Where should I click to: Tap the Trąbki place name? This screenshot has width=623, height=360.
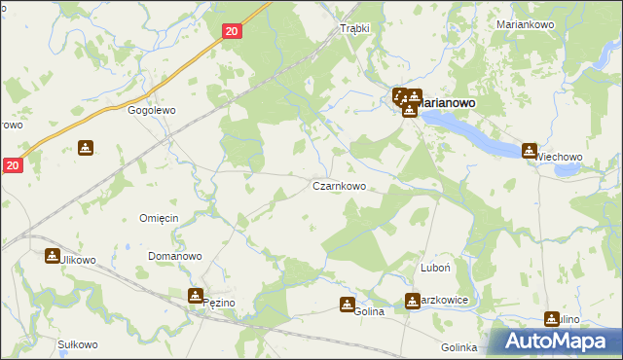click(x=355, y=28)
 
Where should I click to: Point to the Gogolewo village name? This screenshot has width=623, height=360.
click(x=152, y=111)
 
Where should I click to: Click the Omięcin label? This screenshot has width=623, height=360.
click(x=159, y=218)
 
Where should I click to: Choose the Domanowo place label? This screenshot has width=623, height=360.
click(x=174, y=256)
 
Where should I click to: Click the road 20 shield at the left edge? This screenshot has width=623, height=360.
click(x=12, y=166)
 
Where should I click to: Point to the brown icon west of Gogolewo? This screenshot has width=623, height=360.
click(x=87, y=148)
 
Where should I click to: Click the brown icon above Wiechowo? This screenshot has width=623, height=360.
click(x=530, y=151)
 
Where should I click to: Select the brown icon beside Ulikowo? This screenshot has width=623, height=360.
click(x=52, y=256)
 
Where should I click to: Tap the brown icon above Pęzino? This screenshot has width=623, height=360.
click(x=196, y=295)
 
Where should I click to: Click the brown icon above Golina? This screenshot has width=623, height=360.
click(x=348, y=305)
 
